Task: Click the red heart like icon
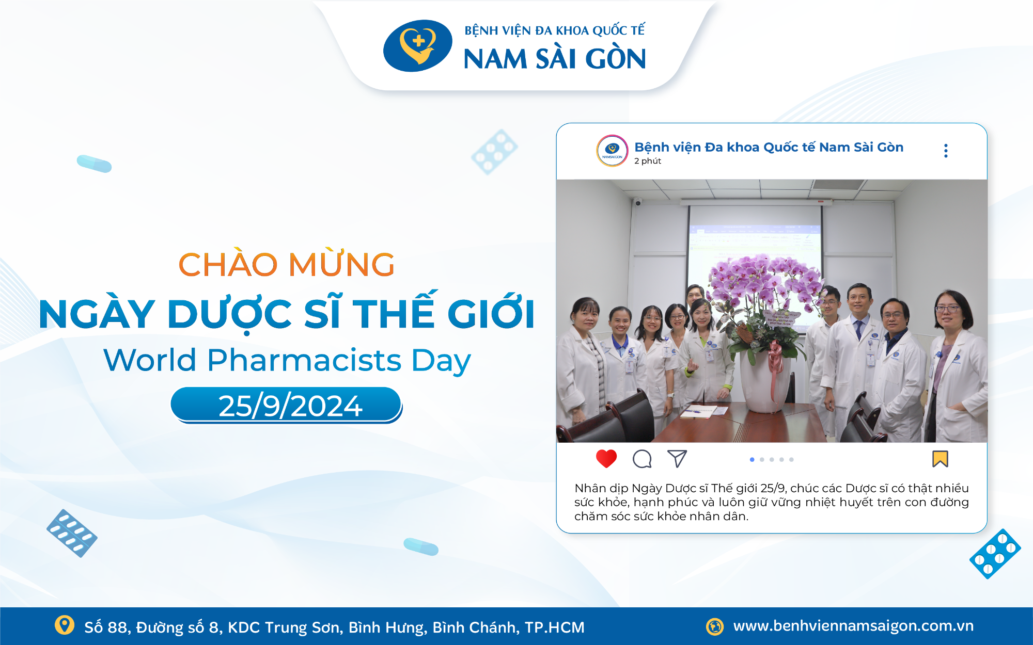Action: [x=606, y=458]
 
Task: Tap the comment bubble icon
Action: [x=642, y=458]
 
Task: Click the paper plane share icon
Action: [x=677, y=458]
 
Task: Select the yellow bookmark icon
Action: [x=940, y=458]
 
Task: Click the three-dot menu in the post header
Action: [x=946, y=151]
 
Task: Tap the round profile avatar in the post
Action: [x=612, y=151]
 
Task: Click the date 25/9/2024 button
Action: [x=287, y=405]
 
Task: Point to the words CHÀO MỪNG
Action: [x=287, y=265]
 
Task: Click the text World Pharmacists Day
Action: [x=287, y=360]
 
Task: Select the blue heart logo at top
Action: [x=417, y=45]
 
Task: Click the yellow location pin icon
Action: [x=65, y=625]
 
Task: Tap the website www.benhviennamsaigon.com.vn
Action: [x=853, y=626]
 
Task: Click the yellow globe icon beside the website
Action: [x=715, y=626]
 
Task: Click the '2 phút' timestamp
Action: [x=648, y=161]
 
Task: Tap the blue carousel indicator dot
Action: [x=752, y=459]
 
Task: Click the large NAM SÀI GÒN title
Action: [x=554, y=59]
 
